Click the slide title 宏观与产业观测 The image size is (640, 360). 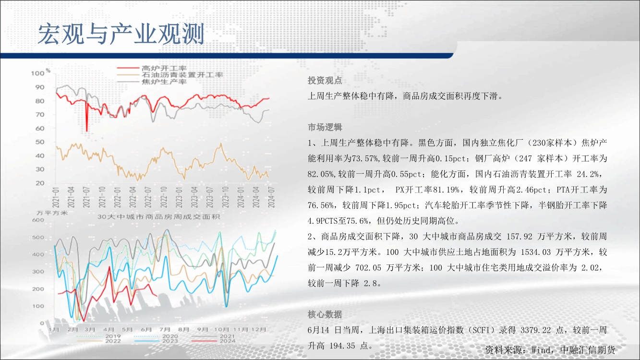[x=121, y=34]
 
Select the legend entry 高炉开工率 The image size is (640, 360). [x=164, y=68]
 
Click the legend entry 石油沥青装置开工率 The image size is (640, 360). [x=182, y=75]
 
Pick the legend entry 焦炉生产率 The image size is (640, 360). [x=164, y=82]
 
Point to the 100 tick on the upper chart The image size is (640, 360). [x=38, y=73]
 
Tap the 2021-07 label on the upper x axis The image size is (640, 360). [x=86, y=197]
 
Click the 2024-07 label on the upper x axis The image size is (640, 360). [x=271, y=197]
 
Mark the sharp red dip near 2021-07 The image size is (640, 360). [x=86, y=131]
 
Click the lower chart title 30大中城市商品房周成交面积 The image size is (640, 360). [x=158, y=217]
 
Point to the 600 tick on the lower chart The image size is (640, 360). [x=38, y=220]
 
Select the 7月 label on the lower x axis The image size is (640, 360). [x=165, y=329]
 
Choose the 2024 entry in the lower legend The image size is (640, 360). [x=228, y=341]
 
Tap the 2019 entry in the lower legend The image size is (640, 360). [x=113, y=336]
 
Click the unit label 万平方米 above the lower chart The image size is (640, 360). [x=52, y=213]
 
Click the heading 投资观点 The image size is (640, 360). [x=325, y=81]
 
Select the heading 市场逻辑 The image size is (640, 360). [x=325, y=127]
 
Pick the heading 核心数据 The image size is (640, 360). [x=325, y=314]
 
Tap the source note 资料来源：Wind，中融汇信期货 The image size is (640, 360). [x=550, y=350]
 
